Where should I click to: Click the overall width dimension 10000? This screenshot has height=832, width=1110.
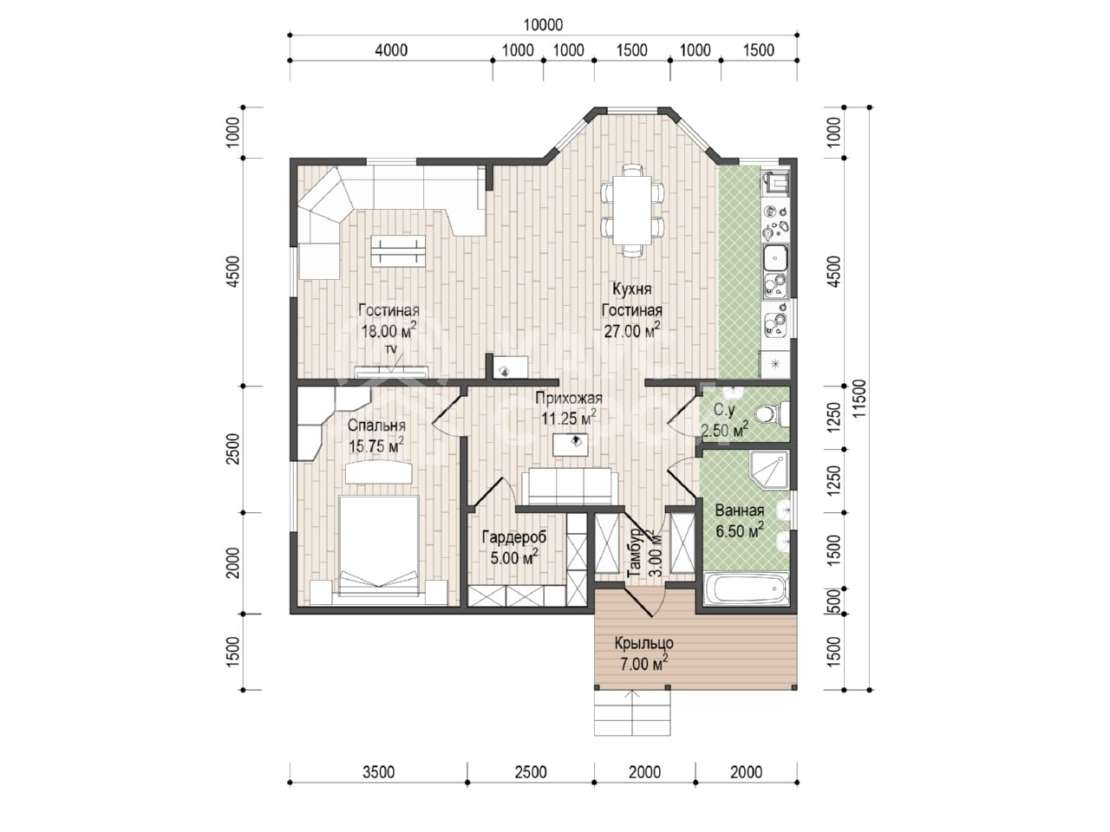543,25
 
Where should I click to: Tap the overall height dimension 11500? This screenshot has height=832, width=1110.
859,399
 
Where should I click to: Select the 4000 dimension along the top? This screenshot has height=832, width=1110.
391,50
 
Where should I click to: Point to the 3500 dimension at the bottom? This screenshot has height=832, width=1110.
378,772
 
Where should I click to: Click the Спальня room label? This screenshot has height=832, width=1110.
376,426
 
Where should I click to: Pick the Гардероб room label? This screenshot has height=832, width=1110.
513,537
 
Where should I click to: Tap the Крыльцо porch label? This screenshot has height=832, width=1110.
643,643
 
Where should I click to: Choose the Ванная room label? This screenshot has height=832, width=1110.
740,510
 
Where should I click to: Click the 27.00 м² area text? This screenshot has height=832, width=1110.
632,330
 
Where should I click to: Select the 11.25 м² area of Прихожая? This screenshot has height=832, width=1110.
568,419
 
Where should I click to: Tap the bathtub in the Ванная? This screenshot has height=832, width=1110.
746,588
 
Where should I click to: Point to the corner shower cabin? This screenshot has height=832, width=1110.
768,471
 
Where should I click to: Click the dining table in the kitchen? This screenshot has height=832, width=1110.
632,210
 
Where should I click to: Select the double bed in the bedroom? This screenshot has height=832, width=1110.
378,549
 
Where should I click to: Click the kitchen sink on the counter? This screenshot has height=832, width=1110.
776,258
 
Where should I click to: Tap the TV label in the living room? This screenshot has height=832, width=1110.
390,349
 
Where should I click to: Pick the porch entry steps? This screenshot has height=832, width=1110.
632,712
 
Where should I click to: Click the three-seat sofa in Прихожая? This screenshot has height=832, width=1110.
570,486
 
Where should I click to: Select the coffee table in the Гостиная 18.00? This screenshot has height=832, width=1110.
398,251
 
